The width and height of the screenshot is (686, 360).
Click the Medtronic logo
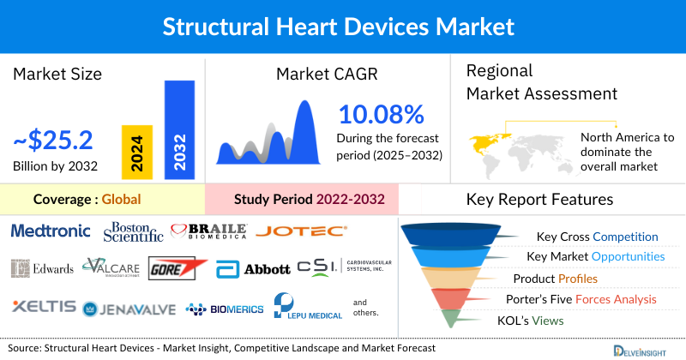51,231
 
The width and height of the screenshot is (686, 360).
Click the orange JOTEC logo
301,231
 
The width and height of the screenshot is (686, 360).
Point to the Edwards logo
43,268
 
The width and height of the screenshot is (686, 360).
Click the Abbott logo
253,269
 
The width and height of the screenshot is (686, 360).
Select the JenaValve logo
129,309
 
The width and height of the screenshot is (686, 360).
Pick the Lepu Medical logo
305,307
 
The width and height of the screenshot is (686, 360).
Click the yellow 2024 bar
137,150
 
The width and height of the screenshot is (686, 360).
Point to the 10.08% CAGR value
381,114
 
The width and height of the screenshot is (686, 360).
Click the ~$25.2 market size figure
53,139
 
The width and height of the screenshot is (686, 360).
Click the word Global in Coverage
121,200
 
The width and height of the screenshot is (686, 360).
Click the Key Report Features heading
539,200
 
